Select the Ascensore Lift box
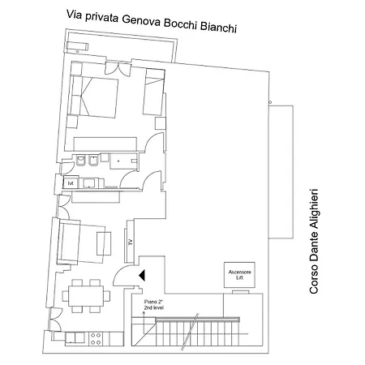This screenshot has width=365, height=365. tap(239, 275)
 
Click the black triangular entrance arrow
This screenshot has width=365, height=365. tap(142, 275)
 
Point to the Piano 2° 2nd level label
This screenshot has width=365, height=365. tap(154, 305)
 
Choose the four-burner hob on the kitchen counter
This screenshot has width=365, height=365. tap(96, 339)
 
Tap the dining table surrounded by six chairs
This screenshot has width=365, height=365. tap(86, 296)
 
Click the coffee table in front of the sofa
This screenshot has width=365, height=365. tap(104, 243)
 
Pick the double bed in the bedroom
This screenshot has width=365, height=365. tap(94, 97)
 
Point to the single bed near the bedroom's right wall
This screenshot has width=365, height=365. tap(153, 92)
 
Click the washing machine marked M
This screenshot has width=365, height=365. tap(71, 183)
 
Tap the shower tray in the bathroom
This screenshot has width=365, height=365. tap(123, 161)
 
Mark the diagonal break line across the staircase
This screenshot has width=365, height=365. tap(190, 332)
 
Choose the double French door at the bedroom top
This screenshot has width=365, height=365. tap(118, 68)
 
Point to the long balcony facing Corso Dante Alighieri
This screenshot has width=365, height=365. tap(281, 172)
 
